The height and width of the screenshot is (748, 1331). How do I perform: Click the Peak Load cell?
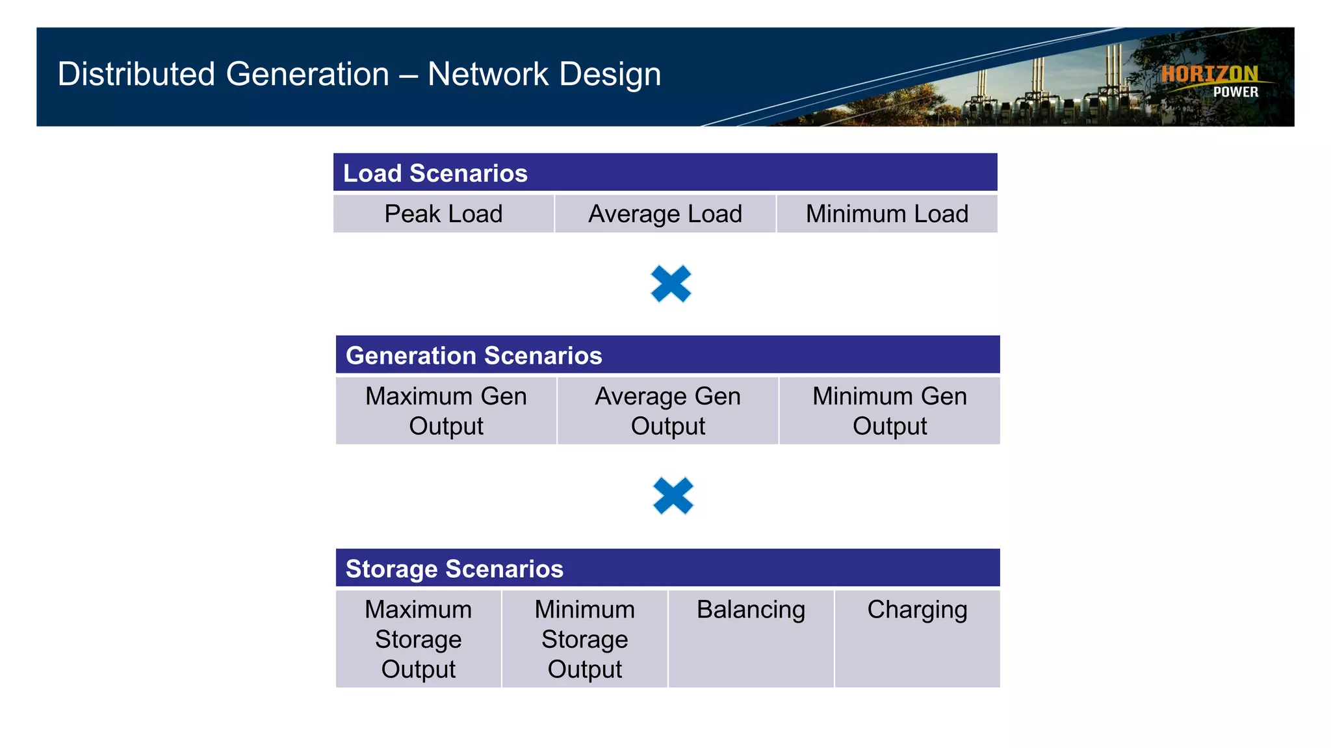pos(443,214)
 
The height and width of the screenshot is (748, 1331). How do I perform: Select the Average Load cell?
pos(665,214)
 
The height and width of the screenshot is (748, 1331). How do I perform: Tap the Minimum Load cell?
pos(887,214)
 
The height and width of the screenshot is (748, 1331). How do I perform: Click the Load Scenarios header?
pos(435,173)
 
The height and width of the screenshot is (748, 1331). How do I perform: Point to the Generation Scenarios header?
pos(474,356)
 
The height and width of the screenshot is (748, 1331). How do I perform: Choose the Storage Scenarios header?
pos(454,569)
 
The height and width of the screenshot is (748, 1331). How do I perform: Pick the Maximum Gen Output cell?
pos(446,411)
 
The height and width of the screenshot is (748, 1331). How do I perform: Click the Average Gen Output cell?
pos(667,411)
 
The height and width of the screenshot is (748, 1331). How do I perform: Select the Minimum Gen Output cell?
pos(890,411)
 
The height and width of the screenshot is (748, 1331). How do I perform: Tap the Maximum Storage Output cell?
pos(419,639)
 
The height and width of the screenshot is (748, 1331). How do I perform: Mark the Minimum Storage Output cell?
pos(585,639)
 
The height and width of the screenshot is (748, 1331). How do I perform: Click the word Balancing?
pos(751,610)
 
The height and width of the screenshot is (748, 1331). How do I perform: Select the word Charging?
pos(917,610)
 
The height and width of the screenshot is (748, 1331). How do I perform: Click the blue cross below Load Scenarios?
pos(671,284)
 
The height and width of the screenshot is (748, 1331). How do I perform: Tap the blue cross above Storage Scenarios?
pos(673,496)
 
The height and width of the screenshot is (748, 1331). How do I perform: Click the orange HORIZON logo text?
pos(1209,74)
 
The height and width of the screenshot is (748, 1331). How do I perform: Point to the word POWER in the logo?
pos(1235,92)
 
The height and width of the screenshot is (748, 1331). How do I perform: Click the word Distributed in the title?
pos(136,74)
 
